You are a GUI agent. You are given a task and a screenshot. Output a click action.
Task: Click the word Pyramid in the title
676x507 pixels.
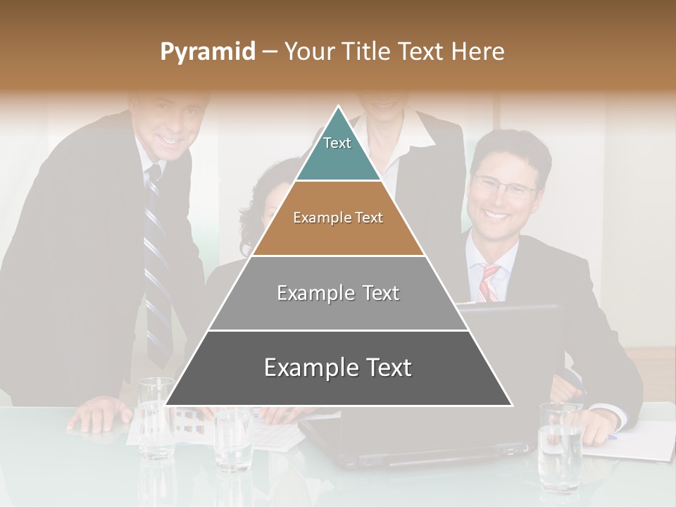click(207, 52)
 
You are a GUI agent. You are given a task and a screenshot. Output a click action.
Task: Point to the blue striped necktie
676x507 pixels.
click(157, 268)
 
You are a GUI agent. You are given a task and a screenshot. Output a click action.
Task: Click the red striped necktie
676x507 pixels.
click(489, 282)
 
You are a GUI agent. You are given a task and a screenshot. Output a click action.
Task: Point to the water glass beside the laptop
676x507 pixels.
click(232, 440)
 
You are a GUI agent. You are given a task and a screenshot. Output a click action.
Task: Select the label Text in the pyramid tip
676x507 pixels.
click(337, 143)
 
